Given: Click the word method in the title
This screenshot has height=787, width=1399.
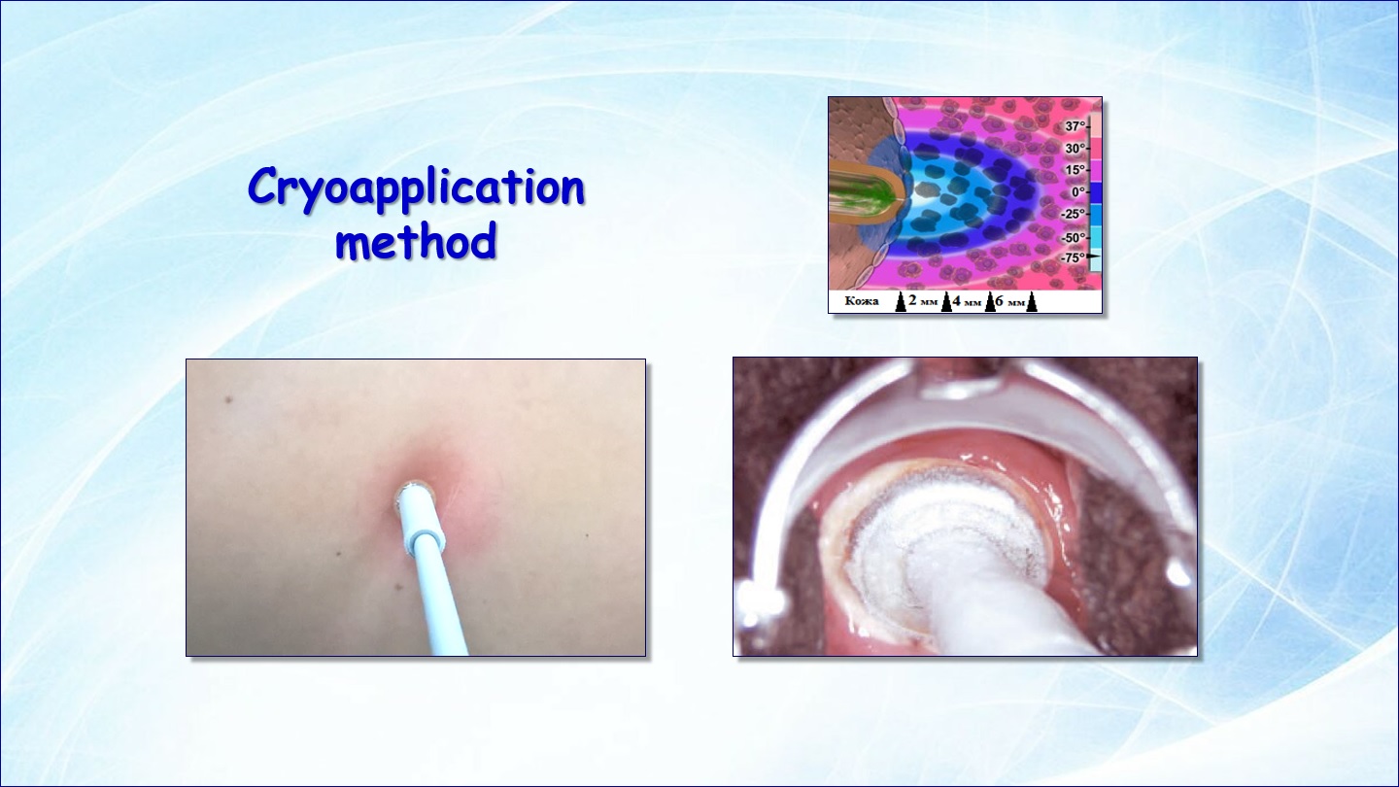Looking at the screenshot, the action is pos(416,241).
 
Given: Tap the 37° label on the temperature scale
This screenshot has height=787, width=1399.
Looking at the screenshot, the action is pos(1075,126).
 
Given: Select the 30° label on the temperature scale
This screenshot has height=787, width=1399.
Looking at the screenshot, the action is pos(1075,149).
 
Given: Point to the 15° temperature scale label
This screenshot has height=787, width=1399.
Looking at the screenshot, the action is pos(1075,170).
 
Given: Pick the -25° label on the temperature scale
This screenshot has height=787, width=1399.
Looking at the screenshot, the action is pos(1073,214).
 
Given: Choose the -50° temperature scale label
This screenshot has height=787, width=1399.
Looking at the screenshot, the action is pos(1073,237).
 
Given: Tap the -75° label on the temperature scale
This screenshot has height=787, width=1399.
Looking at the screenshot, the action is pos(1073,257).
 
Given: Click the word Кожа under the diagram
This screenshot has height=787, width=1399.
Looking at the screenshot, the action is pos(861,301).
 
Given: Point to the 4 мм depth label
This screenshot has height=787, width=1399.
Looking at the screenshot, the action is pos(966,301).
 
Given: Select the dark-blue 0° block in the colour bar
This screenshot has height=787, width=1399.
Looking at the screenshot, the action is pos(1094,192).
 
